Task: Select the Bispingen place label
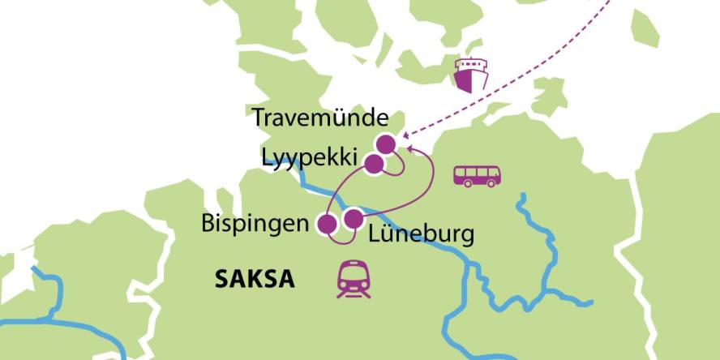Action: pos(255,224)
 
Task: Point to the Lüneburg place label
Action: pos(420,236)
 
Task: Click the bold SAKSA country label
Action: pos(254,281)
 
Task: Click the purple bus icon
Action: pos(476,176)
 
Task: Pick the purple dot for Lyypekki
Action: pos(373,165)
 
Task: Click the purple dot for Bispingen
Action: pos(328,225)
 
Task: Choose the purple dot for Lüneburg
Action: pos(354,219)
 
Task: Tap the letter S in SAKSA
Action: pos(221,281)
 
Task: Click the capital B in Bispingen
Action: pos(208,223)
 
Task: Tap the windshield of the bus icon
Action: pos(493,173)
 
